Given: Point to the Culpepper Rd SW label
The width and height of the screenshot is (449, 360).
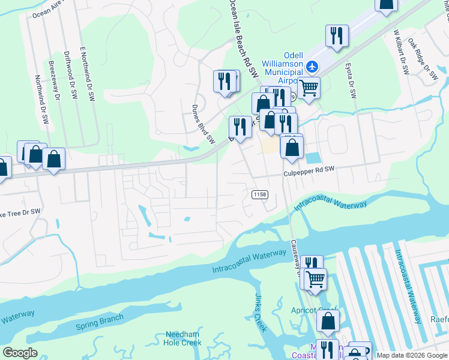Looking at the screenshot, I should tap(309, 171).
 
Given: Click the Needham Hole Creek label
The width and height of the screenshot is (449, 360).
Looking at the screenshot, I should tap(182, 338).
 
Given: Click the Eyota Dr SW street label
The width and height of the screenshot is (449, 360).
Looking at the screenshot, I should tap(351, 80).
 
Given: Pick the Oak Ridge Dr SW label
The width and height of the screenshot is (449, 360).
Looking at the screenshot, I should tap(423, 60).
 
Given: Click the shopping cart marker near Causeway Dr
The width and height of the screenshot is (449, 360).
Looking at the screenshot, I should tap(315, 278).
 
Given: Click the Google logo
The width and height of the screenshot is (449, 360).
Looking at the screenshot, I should tap(20, 353).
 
